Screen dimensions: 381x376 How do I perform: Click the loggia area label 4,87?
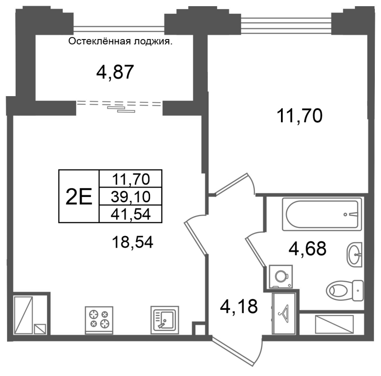(x=115, y=72)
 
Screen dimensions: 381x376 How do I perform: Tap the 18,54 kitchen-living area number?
(x=132, y=242)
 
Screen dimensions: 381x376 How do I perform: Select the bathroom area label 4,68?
(x=307, y=248)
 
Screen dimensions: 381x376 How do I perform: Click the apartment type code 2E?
(x=79, y=196)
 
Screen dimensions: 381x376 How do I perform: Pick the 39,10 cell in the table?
(x=130, y=196)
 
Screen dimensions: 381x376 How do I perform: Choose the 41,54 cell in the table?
(x=130, y=214)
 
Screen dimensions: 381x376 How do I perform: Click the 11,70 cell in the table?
(x=130, y=179)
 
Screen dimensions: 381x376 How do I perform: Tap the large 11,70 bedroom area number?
(x=300, y=116)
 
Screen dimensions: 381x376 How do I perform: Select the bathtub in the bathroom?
(x=322, y=214)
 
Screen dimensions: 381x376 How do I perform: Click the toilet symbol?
(x=345, y=290)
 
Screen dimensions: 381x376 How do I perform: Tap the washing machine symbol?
(x=281, y=277)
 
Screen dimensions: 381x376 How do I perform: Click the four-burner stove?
(x=99, y=320)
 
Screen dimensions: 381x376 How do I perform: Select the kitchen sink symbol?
(x=165, y=320)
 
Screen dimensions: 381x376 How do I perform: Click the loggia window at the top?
(x=119, y=29)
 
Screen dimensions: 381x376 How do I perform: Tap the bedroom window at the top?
(x=286, y=23)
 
